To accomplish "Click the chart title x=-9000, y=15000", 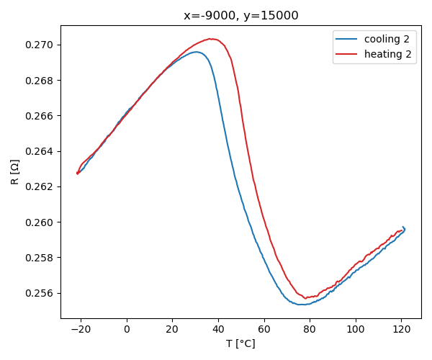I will click(x=240, y=15).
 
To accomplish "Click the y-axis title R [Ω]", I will click(x=14, y=171).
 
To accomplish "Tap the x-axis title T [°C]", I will click(x=240, y=343).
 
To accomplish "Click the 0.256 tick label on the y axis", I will click(x=40, y=293).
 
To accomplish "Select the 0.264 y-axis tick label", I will click(x=40, y=151).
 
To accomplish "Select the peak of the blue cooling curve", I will click(x=196, y=52).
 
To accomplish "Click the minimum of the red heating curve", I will click(x=305, y=297).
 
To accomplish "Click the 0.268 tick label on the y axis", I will click(x=40, y=80).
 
